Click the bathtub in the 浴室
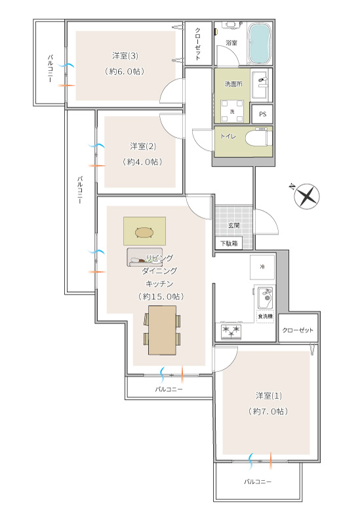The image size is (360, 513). (x=260, y=43)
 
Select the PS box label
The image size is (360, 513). (x=262, y=114)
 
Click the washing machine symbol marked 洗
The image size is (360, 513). (x=232, y=111)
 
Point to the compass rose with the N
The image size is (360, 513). (x=307, y=196)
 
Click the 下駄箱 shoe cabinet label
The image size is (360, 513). (x=229, y=243)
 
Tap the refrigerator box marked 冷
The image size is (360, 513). (x=262, y=267)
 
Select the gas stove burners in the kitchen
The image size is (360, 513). (x=231, y=331)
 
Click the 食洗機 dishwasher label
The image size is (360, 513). (x=265, y=316)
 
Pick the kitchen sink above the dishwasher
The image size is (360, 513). (x=265, y=298)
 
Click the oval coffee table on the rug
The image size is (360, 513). (x=144, y=232)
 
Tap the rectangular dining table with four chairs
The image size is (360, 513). (x=162, y=330)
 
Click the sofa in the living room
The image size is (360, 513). (x=140, y=257)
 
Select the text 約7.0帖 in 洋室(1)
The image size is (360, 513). (x=268, y=411)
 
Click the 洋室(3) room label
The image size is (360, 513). (x=125, y=56)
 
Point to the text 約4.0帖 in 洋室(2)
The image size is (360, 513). (x=142, y=161)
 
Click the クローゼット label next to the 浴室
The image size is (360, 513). (x=198, y=44)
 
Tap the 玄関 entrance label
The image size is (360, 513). (x=234, y=225)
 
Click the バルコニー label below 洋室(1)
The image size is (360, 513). (x=258, y=482)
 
